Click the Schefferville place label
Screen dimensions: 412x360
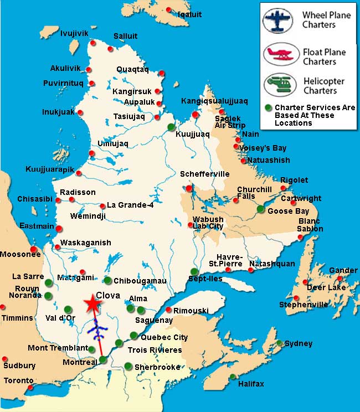[204, 174]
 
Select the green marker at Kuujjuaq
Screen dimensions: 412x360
[171, 127]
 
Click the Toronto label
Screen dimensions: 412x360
[19, 381]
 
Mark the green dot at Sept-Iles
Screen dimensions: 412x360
[194, 271]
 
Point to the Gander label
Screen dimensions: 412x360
[343, 270]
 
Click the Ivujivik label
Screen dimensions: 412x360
[74, 33]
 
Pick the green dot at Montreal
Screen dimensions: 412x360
[102, 360]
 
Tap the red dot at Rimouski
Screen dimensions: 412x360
[169, 310]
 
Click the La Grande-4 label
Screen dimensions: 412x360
[130, 205]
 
